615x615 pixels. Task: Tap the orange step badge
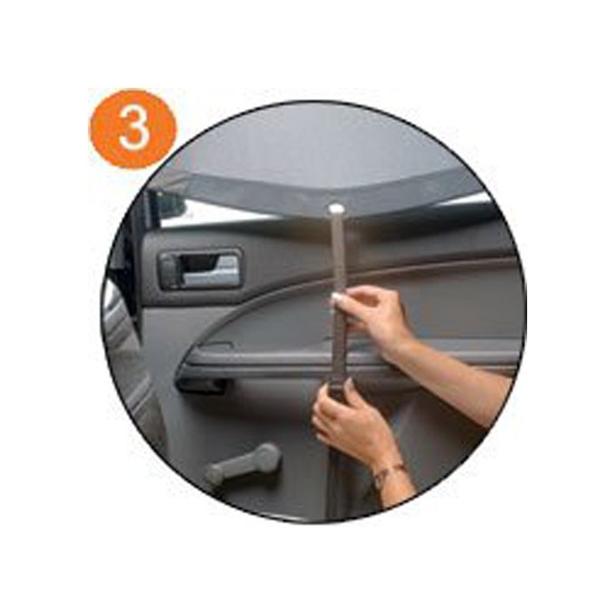click(134, 128)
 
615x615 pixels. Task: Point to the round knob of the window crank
click(267, 458)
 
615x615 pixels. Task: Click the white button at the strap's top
click(336, 207)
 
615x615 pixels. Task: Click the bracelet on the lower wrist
click(387, 475)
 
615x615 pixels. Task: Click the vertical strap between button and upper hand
click(336, 255)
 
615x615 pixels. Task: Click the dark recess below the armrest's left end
click(201, 387)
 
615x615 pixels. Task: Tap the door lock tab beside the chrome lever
click(170, 271)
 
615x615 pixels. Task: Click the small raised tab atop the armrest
click(218, 346)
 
